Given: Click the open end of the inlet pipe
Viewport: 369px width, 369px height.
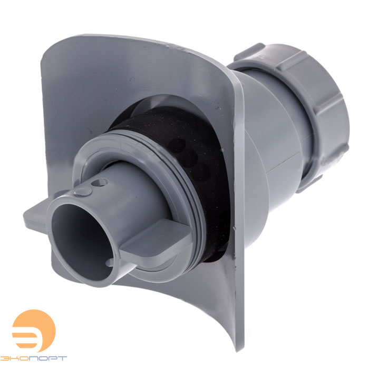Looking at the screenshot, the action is coord(81,243).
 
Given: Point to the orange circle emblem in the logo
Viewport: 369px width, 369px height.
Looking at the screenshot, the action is coord(34,331).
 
